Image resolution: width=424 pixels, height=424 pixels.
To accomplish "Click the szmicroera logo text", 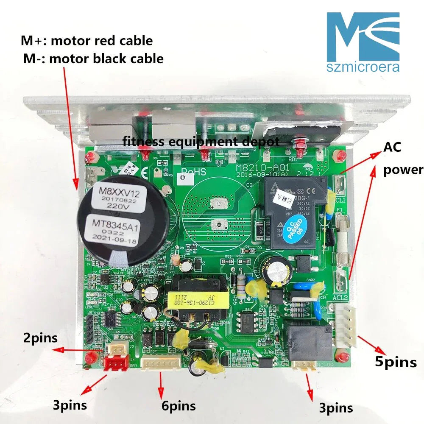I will tap(363, 67).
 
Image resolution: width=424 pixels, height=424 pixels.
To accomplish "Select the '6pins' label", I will tap(179, 405).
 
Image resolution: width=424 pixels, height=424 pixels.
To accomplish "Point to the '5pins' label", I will tap(396, 362).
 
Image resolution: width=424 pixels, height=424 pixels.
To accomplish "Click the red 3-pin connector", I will tap(116, 363).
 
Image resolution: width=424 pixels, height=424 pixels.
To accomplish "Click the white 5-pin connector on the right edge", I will tap(346, 325).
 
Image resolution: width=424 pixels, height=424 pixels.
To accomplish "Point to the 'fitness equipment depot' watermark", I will tap(201, 141).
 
